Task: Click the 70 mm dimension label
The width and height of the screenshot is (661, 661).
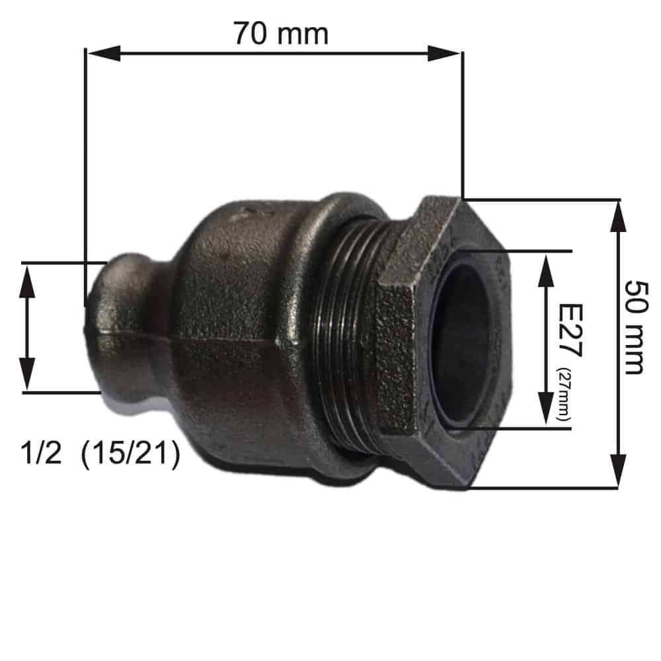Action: tap(281, 34)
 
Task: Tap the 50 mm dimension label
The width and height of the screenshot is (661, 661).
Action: tap(636, 327)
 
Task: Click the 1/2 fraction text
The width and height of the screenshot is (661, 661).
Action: tap(41, 453)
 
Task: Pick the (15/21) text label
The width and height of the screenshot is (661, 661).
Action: tap(131, 455)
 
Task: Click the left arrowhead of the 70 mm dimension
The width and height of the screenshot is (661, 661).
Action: tap(103, 54)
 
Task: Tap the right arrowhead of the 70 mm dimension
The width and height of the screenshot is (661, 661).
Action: tap(444, 54)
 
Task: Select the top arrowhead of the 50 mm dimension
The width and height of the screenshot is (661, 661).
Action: tap(618, 217)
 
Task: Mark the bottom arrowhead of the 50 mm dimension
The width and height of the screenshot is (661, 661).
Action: tap(618, 471)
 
